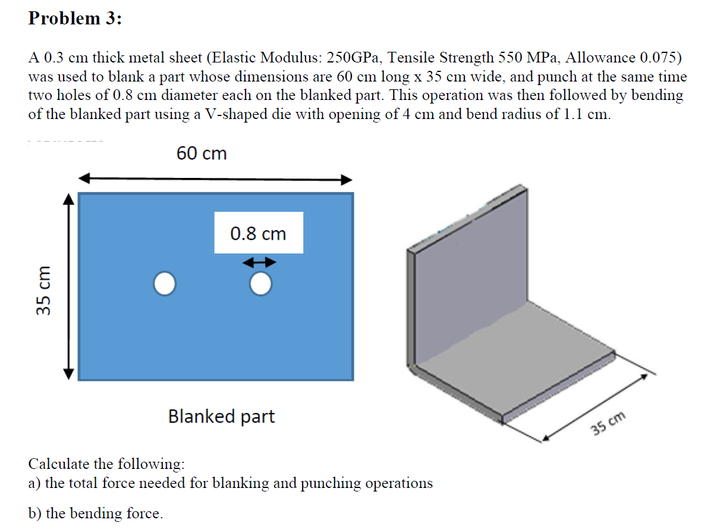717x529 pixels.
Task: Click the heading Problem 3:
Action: (x=75, y=18)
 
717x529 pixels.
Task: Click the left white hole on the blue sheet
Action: (x=165, y=284)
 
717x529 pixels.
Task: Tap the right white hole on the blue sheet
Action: (x=260, y=284)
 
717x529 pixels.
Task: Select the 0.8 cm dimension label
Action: (x=258, y=234)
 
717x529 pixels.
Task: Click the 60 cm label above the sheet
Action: (x=202, y=154)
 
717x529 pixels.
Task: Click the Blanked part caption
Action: (x=221, y=416)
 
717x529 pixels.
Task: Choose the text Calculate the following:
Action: (x=106, y=464)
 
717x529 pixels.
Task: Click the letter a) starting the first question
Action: (x=34, y=483)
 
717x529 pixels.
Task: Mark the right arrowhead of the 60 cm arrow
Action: (x=347, y=180)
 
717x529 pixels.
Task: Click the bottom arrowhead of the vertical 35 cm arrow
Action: (x=68, y=373)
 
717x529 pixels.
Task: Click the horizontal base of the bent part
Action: (x=517, y=381)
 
